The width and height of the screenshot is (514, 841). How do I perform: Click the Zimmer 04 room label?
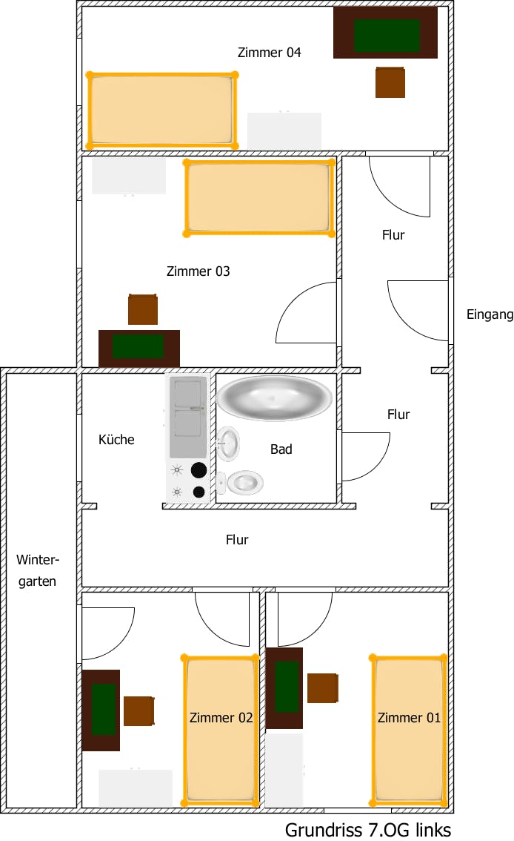click(269, 53)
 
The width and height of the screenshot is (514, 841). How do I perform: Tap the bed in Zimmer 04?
click(162, 111)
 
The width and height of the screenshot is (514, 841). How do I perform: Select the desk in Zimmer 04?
click(385, 33)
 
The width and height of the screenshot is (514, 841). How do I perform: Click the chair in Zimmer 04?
click(390, 82)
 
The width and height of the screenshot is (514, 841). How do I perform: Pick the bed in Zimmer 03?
click(258, 197)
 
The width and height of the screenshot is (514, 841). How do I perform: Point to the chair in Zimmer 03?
click(143, 309)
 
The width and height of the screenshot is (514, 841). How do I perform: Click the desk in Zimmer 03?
click(139, 348)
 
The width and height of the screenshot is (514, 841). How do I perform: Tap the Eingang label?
click(490, 314)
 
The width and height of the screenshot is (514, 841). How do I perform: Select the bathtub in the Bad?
click(274, 399)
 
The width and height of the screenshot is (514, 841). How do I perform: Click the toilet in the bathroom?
click(242, 483)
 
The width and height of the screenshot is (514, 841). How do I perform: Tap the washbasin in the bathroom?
click(229, 443)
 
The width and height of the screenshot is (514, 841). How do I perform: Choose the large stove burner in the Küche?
click(198, 469)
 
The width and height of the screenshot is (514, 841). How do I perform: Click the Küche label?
click(116, 440)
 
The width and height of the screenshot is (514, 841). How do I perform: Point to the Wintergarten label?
click(37, 570)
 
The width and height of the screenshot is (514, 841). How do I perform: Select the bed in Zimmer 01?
click(408, 730)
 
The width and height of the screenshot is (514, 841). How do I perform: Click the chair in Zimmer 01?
click(323, 688)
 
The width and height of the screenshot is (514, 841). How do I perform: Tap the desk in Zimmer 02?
click(101, 710)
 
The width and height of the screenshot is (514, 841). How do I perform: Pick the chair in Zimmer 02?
click(138, 710)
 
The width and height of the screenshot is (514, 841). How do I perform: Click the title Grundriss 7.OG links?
click(368, 829)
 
